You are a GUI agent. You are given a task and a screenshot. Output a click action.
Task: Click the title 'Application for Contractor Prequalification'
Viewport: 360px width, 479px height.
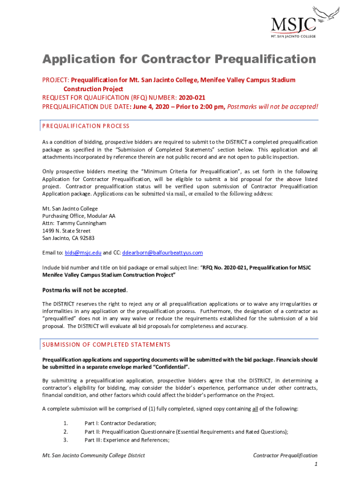pos(179,59)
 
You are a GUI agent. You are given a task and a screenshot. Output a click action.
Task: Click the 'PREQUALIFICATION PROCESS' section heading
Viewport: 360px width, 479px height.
pos(86,126)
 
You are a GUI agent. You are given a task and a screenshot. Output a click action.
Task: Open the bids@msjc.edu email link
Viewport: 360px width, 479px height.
pos(83,253)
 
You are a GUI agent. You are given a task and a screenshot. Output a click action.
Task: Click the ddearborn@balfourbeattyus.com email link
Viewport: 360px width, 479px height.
pos(162,253)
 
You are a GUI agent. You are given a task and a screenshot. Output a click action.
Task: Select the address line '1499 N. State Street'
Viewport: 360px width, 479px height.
pos(66,231)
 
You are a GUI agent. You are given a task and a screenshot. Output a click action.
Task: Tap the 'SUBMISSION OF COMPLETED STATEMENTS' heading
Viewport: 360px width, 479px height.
pos(106,345)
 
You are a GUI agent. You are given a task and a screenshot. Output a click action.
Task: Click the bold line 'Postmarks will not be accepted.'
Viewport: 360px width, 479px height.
pos(85,290)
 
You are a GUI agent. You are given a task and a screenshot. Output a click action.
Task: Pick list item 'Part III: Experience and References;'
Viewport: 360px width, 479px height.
pos(127,440)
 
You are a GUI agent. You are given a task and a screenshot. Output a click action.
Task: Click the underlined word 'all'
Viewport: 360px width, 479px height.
pos(255,409)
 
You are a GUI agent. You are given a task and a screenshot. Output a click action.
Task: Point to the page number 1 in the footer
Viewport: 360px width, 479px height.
pos(316,464)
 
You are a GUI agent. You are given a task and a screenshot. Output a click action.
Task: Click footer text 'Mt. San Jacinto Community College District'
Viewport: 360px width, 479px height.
pos(94,455)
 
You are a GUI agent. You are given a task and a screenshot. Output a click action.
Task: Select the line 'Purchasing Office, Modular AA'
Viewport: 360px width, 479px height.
pos(79,216)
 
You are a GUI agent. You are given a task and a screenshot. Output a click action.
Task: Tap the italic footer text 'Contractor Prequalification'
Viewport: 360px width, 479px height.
pos(285,455)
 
